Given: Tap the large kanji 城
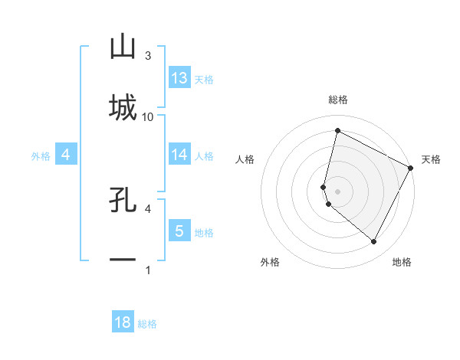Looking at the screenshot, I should click(123, 107).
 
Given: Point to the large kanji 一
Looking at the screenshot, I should click(123, 260).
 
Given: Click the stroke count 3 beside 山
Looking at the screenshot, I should click(147, 56).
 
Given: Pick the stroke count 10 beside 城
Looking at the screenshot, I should click(148, 116).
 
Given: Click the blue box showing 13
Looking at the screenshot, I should click(179, 78).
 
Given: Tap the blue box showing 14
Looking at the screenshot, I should click(179, 155).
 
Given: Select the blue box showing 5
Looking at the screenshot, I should click(179, 231).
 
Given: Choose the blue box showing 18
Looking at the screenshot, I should click(123, 322).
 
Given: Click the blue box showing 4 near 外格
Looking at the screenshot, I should click(66, 155).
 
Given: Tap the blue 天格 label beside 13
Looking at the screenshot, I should click(204, 80).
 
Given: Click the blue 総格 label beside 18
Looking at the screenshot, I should click(147, 324).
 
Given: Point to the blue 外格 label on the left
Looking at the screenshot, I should click(41, 156).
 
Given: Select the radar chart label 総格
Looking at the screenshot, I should click(338, 100).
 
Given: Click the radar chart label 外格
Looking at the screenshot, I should click(270, 262).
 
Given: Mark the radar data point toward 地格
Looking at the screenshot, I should click(374, 242).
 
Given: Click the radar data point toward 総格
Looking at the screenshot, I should click(337, 130).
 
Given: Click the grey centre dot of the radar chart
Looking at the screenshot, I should click(337, 191).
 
